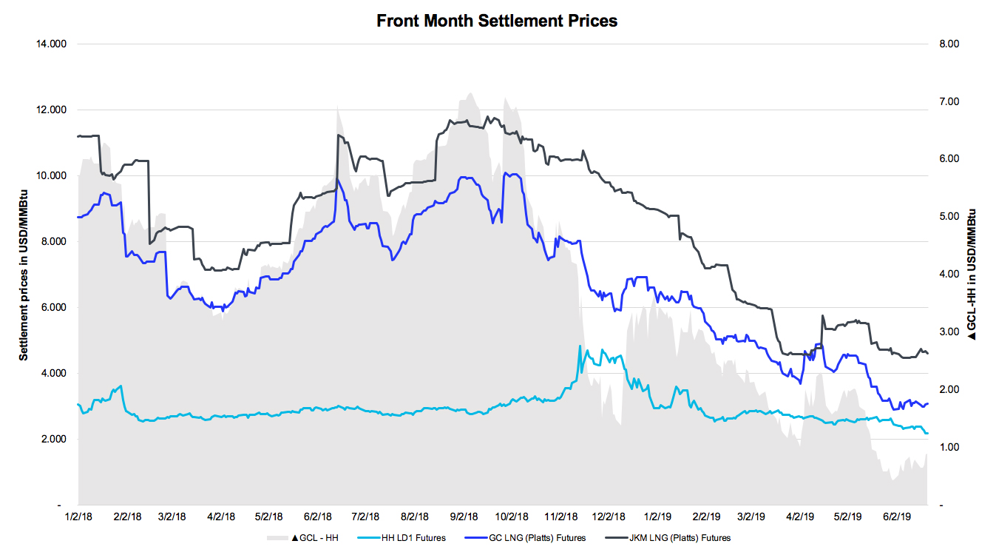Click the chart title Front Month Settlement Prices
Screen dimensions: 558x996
[x=497, y=21]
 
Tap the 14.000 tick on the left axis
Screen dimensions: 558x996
[x=52, y=44]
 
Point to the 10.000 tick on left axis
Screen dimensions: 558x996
[x=52, y=176]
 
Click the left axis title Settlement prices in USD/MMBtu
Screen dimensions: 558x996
[x=24, y=275]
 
